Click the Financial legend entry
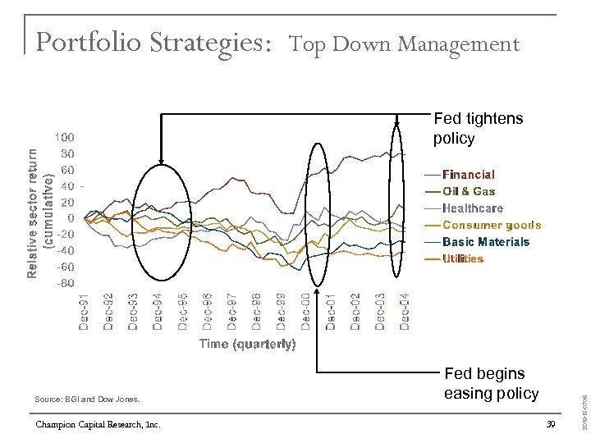point(469,175)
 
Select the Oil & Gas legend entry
point(469,191)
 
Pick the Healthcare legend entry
point(473,208)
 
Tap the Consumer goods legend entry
point(492,225)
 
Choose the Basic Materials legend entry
point(486,242)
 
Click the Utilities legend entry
point(463,258)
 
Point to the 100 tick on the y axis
point(65,137)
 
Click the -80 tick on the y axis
point(65,283)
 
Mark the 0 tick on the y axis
point(71,218)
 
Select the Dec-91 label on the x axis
point(84,312)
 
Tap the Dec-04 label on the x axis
point(405,312)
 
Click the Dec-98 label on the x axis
point(256,312)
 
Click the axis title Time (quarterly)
point(247,344)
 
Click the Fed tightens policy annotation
point(478,129)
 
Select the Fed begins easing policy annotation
point(491,384)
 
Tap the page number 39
point(551,423)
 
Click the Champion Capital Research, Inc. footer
point(98,424)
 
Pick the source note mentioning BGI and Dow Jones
point(88,400)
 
